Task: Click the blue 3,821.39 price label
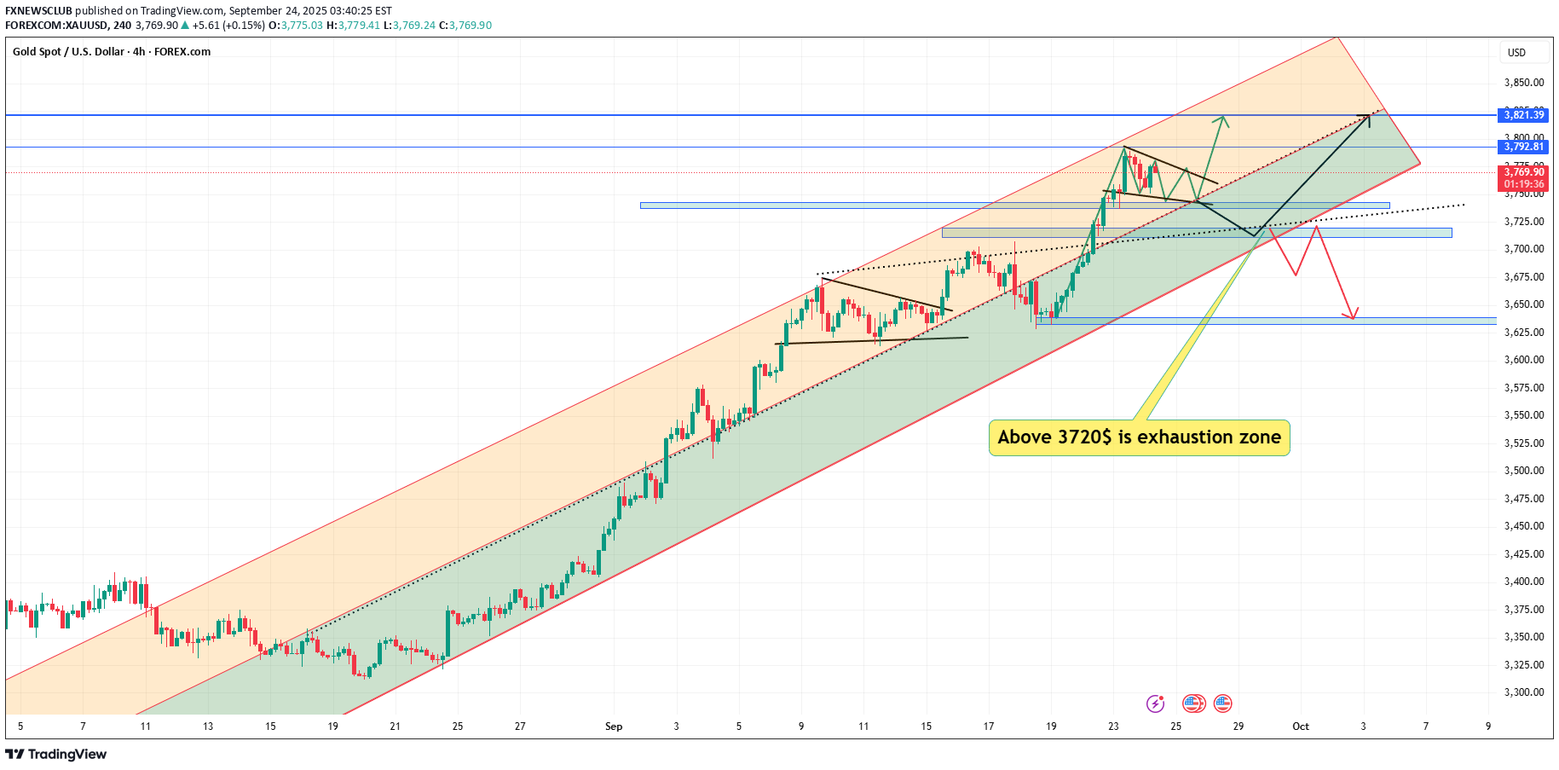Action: [1524, 115]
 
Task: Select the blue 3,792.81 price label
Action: [1524, 147]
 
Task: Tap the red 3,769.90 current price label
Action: [1524, 172]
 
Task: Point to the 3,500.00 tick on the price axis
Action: [1524, 471]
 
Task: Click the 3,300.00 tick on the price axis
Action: [1524, 692]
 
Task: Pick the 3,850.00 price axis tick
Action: [1524, 83]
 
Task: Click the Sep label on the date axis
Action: [614, 727]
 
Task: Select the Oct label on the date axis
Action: [1301, 727]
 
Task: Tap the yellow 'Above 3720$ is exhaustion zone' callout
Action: [1139, 437]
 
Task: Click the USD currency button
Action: [1516, 53]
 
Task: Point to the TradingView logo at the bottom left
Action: [56, 755]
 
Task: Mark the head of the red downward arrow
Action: [1353, 316]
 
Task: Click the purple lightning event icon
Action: [1156, 703]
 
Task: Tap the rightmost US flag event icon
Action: [1223, 703]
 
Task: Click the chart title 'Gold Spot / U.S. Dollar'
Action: [68, 52]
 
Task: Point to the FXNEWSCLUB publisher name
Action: [38, 11]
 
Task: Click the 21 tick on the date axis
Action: [396, 727]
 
